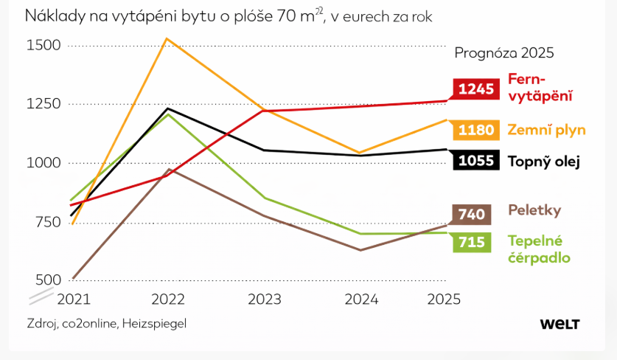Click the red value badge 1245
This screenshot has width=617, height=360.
pyautogui.click(x=475, y=89)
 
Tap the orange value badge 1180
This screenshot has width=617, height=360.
pyautogui.click(x=475, y=130)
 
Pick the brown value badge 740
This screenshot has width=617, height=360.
pyautogui.click(x=471, y=215)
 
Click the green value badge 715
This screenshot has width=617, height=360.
pyautogui.click(x=471, y=242)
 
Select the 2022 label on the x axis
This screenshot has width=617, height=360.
pyautogui.click(x=168, y=299)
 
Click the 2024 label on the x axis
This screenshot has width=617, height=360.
pyautogui.click(x=361, y=299)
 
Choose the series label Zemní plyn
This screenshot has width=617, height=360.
pyautogui.click(x=546, y=130)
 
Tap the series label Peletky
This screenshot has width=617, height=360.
pyautogui.click(x=534, y=210)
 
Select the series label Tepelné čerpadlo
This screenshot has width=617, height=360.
pyautogui.click(x=539, y=249)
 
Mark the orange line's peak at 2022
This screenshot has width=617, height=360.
pyautogui.click(x=167, y=38)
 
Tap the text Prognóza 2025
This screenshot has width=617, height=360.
pyautogui.click(x=503, y=53)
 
